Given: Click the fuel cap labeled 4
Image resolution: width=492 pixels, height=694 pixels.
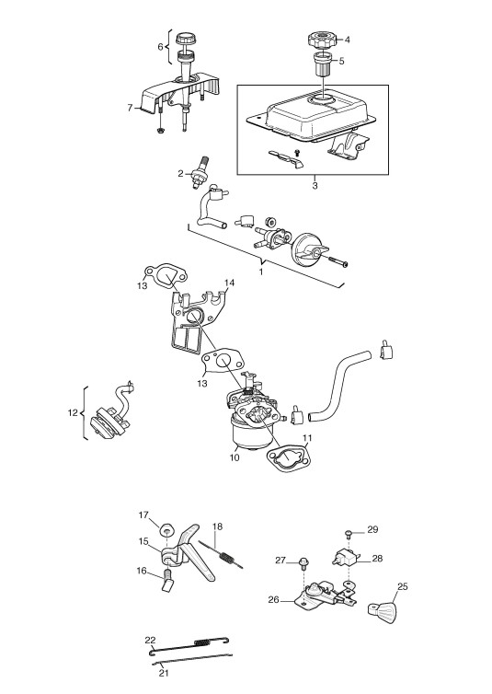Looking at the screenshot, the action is tap(322, 40).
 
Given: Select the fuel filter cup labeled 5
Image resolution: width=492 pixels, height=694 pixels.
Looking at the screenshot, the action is tap(323, 64).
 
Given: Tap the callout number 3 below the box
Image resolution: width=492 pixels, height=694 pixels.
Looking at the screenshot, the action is tap(315, 185).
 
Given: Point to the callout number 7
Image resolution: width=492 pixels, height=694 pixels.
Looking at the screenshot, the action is tap(130, 108).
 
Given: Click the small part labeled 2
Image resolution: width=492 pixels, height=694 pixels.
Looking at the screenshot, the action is tap(200, 173).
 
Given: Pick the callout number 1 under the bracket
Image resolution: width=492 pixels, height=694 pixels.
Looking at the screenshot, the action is tap(261, 272).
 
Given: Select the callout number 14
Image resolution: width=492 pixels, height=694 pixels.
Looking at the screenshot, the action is tap(229, 283).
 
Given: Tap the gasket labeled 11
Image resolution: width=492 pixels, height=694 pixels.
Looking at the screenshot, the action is tap(288, 459).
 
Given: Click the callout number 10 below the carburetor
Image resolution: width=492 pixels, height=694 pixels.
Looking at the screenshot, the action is tap(235, 457).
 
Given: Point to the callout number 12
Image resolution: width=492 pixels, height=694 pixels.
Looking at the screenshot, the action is tap(73, 413).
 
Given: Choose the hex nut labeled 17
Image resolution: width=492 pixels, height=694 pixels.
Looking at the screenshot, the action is tap(167, 529).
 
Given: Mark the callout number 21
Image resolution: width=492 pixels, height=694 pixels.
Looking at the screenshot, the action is tap(164, 673).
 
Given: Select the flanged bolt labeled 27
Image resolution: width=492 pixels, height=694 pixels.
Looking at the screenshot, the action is tap(303, 561).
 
